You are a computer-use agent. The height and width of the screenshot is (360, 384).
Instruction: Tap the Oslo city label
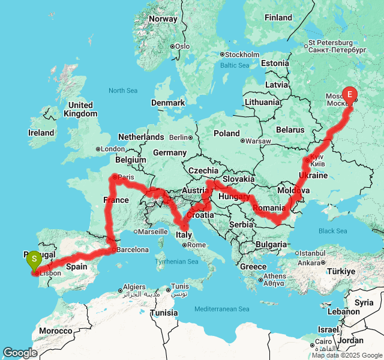click(182, 46)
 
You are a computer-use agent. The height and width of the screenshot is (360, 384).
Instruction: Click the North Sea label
click(123, 91)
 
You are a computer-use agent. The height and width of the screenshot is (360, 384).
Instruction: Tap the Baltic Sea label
click(234, 65)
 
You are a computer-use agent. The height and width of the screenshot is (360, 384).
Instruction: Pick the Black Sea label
click(332, 231)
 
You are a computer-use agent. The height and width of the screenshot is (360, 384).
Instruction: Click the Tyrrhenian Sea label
click(177, 262)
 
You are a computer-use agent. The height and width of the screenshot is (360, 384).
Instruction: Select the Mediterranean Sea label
click(221, 309)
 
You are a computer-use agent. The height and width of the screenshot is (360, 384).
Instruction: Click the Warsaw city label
click(258, 141)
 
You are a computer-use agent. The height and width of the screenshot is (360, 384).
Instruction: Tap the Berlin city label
click(179, 137)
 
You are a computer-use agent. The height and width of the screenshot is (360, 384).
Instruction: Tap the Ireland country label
click(41, 133)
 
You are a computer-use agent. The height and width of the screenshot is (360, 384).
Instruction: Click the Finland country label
click(278, 17)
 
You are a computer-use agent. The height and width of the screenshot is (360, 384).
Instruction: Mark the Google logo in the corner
click(20, 353)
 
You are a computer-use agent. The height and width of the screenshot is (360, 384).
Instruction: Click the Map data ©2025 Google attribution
click(346, 355)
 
